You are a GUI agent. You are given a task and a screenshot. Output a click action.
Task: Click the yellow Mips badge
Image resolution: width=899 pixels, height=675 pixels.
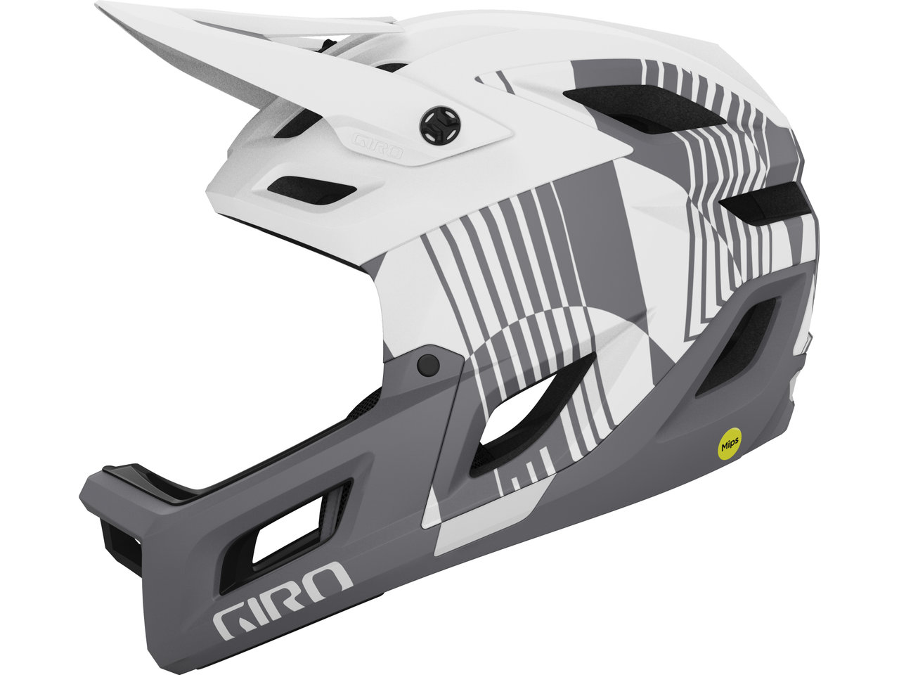point(730,443)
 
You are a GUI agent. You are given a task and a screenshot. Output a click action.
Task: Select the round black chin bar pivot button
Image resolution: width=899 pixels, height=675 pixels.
point(428,364)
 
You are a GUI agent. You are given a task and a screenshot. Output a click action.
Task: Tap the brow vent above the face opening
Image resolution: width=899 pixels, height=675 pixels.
point(311,190)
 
